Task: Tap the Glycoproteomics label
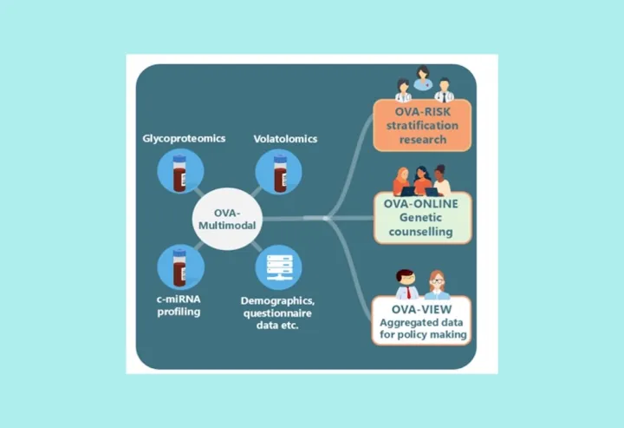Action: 179,138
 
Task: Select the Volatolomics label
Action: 285,138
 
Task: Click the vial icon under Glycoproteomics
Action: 179,171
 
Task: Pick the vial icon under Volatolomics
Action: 278,171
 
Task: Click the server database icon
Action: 278,267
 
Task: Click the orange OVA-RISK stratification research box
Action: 423,122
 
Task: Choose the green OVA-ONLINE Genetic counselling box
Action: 423,218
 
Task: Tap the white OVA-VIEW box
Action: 423,319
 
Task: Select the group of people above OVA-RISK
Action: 423,83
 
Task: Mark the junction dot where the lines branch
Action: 326,218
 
